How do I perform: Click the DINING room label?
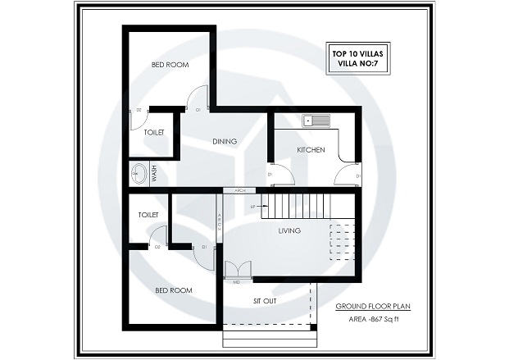pyautogui.click(x=225, y=141)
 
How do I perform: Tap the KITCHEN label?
pyautogui.click(x=311, y=150)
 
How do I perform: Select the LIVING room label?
pyautogui.click(x=289, y=230)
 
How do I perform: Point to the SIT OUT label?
pyautogui.click(x=264, y=301)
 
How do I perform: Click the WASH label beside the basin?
pyautogui.click(x=153, y=174)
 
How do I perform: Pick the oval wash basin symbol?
pyautogui.click(x=140, y=174)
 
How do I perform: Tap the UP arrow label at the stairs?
pyautogui.click(x=252, y=207)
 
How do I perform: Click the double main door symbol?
pyautogui.click(x=236, y=270)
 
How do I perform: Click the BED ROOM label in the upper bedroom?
pyautogui.click(x=170, y=64)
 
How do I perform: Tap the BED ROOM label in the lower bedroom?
pyautogui.click(x=174, y=290)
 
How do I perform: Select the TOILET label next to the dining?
pyautogui.click(x=154, y=132)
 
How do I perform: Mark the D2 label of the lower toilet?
pyautogui.click(x=157, y=246)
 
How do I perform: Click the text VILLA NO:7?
pyautogui.click(x=359, y=62)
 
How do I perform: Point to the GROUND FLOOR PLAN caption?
pyautogui.click(x=373, y=308)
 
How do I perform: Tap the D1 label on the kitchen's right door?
pyautogui.click(x=358, y=175)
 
